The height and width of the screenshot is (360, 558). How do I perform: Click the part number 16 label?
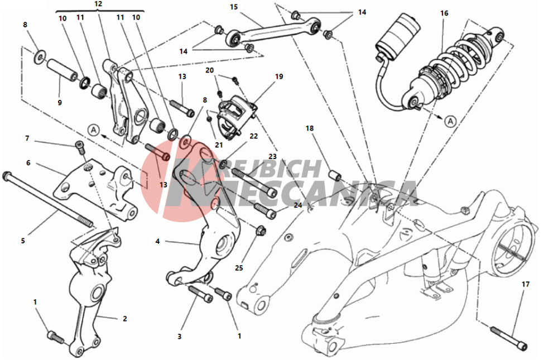pos(444,13)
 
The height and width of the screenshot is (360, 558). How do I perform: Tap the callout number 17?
pos(526,284)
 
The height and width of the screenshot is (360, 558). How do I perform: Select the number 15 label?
pos(233,7)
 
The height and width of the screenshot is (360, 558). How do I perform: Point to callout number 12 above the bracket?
pos(98,4)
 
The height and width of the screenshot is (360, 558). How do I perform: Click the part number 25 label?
pos(239,268)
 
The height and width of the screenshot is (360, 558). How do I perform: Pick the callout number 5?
pos(23,241)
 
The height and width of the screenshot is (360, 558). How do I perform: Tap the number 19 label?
pos(279,76)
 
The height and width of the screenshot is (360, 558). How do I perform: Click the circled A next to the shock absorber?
pos(450,122)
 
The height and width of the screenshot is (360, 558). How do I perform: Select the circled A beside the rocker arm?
pos(94,129)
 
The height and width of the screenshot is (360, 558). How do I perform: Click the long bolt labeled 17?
pos(509,337)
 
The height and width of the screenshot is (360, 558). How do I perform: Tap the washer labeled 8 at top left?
pos(40,57)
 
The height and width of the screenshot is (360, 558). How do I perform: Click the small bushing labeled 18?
pos(334,176)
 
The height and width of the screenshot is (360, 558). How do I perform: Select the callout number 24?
pos(298,205)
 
